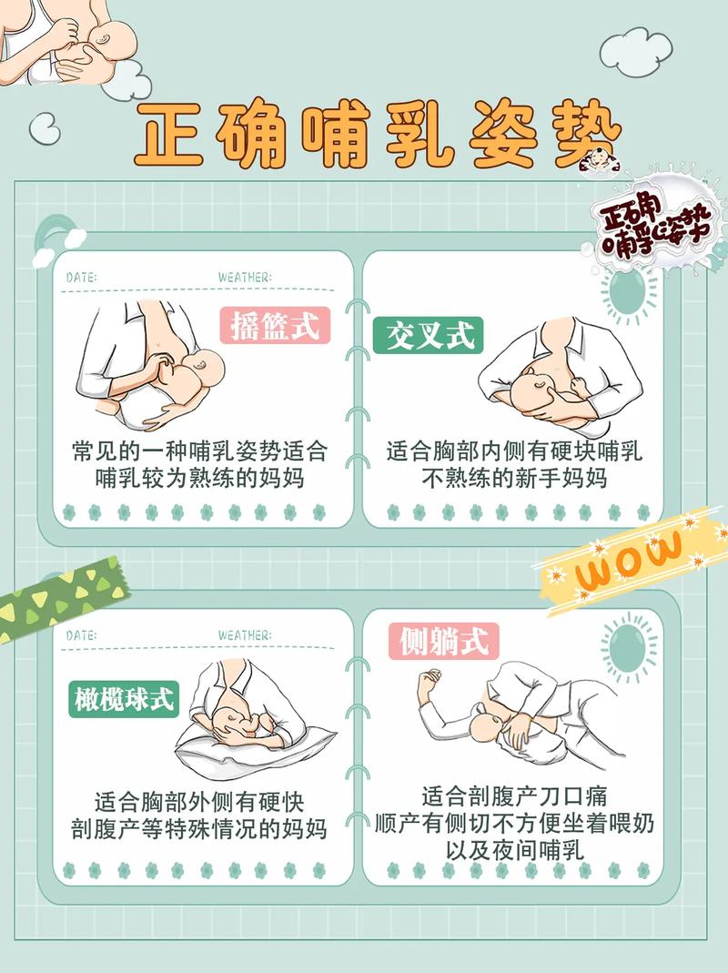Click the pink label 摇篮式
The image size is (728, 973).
click(x=275, y=326)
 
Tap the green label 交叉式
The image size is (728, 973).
click(x=428, y=336)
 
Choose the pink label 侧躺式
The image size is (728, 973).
click(x=444, y=641)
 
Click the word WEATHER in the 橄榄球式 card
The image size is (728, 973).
click(x=244, y=634)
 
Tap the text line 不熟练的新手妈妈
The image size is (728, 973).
click(x=514, y=477)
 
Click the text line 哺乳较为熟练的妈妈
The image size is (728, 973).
click(x=199, y=477)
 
